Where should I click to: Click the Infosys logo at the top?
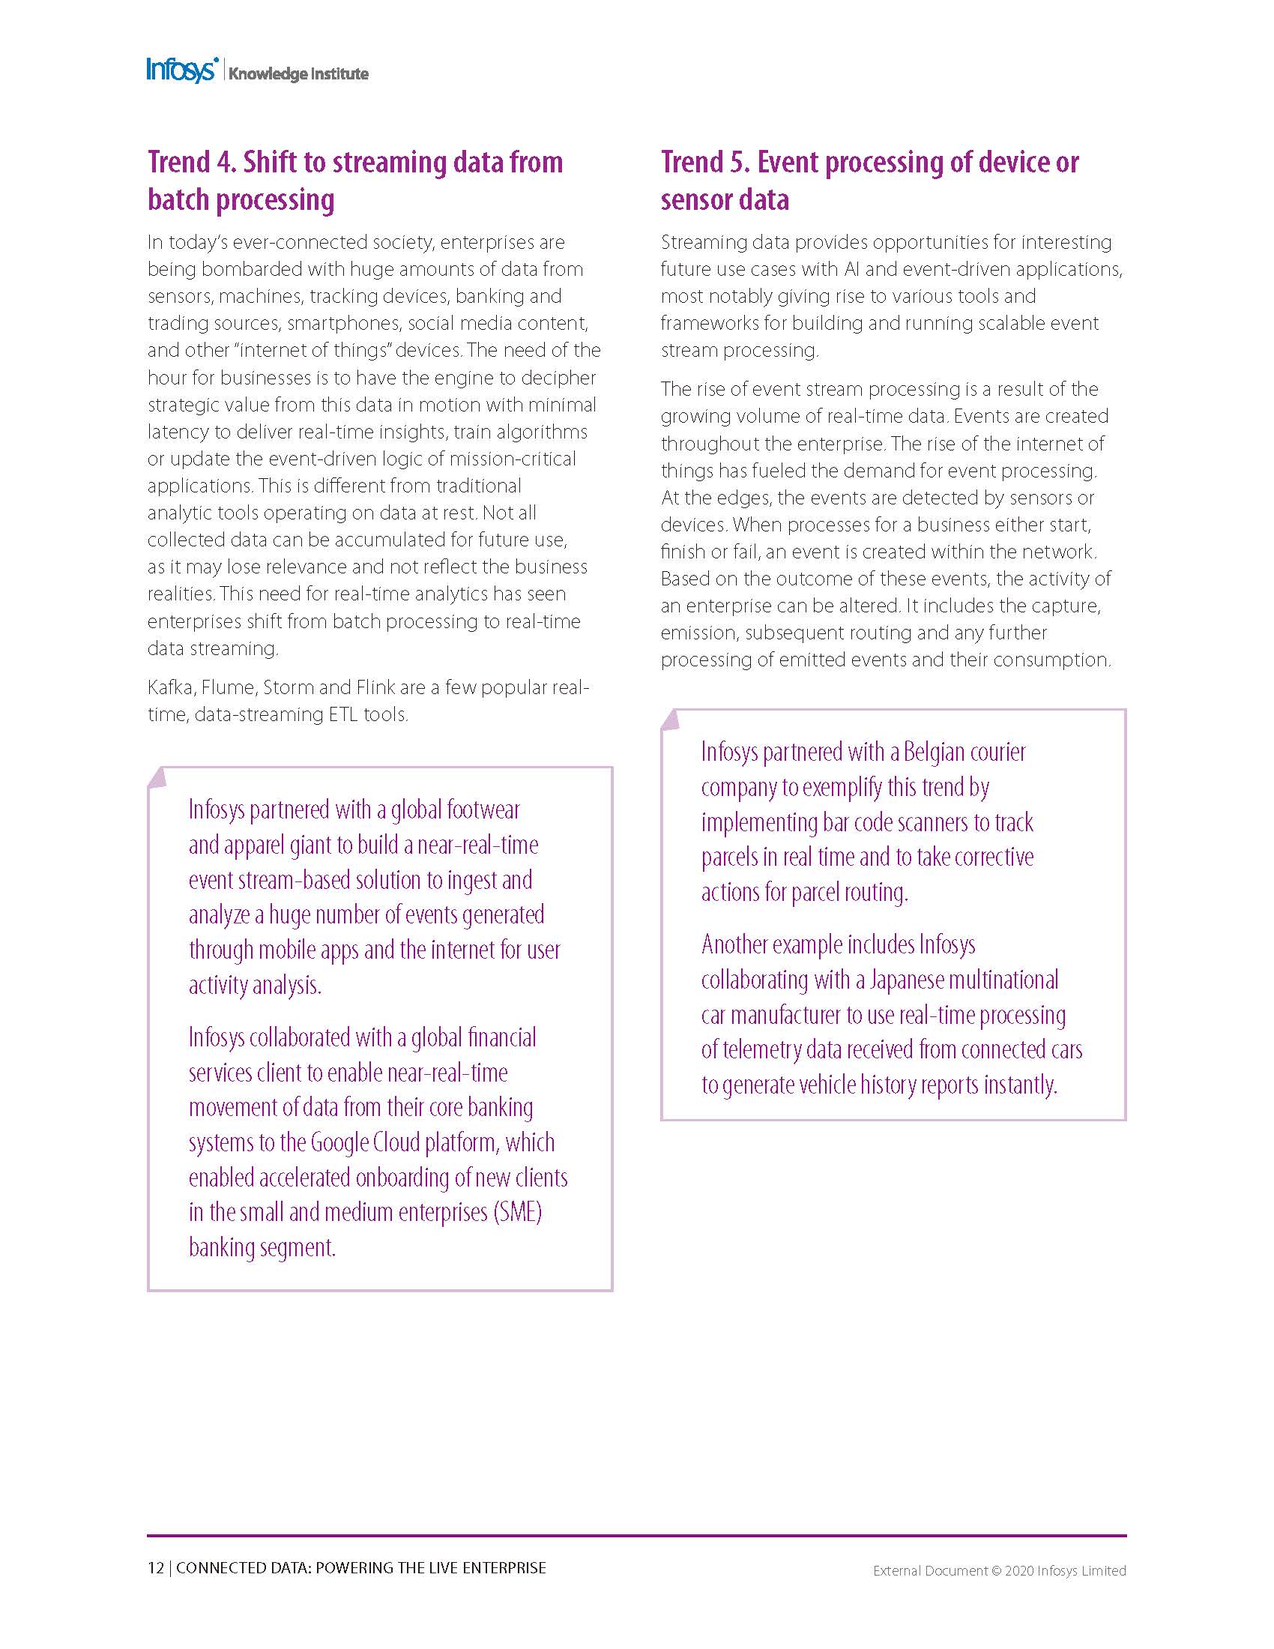[x=182, y=70]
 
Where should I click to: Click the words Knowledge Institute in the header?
[x=298, y=74]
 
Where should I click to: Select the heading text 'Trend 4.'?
[x=191, y=163]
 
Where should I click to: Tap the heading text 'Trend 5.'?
[x=705, y=163]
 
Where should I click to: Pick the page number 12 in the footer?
[x=155, y=1567]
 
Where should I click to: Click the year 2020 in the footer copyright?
[x=1019, y=1570]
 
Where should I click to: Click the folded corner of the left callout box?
[x=157, y=777]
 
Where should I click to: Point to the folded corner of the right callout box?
[x=670, y=720]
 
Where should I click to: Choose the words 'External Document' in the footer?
[x=930, y=1570]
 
